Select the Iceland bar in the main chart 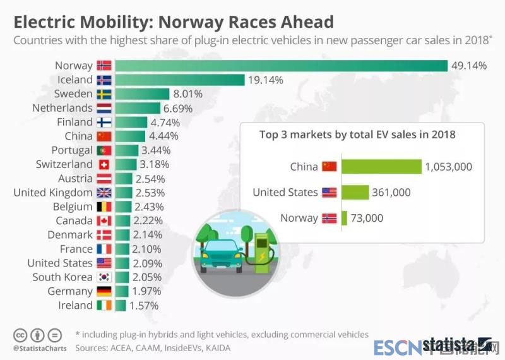tap(179, 80)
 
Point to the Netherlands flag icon tap(104, 108)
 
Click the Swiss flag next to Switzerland tap(104, 165)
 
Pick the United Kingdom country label tap(53, 193)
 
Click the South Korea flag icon tap(104, 277)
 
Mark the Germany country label tap(70, 291)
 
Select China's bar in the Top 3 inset tap(381, 167)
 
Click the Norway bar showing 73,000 tap(344, 218)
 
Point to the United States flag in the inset tap(329, 193)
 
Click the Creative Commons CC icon tap(20, 335)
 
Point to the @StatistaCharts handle tap(37, 348)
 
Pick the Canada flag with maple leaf tap(104, 221)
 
